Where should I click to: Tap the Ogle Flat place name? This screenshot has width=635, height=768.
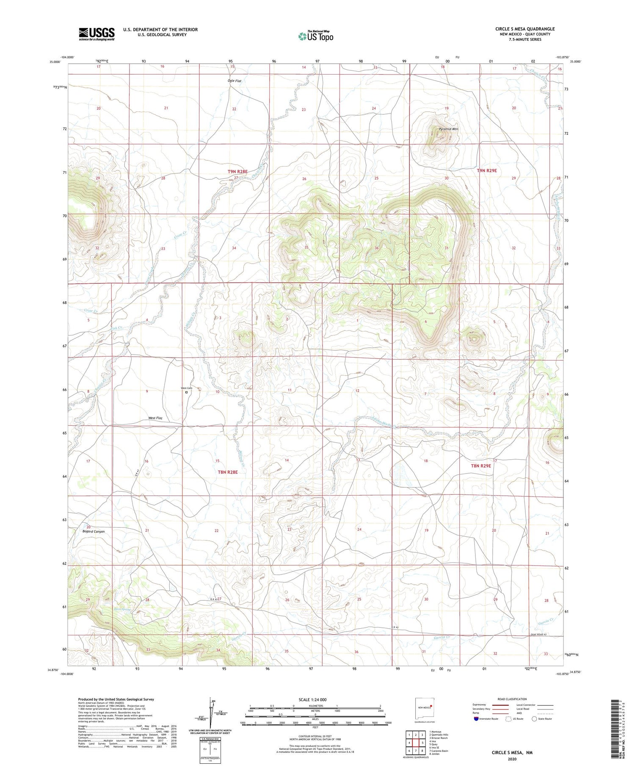[235, 80]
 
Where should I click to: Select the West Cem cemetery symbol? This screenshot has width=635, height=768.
[186, 392]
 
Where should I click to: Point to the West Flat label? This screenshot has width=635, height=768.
[155, 418]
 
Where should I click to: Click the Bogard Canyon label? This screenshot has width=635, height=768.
[94, 531]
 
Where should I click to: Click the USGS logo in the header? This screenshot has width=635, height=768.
[97, 33]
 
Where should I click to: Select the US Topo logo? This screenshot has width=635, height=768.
[316, 36]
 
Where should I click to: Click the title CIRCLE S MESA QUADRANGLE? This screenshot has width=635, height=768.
[525, 29]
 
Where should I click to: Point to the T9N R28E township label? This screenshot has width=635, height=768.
[237, 171]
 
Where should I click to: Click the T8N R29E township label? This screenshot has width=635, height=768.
[481, 466]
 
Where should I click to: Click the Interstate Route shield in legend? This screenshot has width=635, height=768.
[476, 719]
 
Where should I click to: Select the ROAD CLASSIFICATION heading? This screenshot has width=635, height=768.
[512, 699]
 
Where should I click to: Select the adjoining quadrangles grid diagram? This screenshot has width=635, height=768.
[416, 743]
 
